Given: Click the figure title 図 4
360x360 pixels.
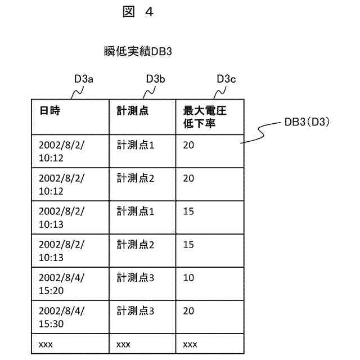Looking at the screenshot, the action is click(x=137, y=12).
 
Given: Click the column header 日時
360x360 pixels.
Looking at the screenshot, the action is click(x=49, y=111).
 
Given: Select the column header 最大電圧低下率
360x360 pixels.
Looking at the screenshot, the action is click(x=204, y=116).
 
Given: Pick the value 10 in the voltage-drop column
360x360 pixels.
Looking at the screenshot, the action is click(x=188, y=278).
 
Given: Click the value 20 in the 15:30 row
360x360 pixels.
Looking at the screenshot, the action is click(x=188, y=311).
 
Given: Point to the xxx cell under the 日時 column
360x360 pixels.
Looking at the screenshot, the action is click(x=46, y=344).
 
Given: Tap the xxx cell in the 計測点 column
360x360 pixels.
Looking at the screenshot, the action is click(x=123, y=344).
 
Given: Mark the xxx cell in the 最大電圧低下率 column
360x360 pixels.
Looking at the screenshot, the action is click(x=190, y=344).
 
